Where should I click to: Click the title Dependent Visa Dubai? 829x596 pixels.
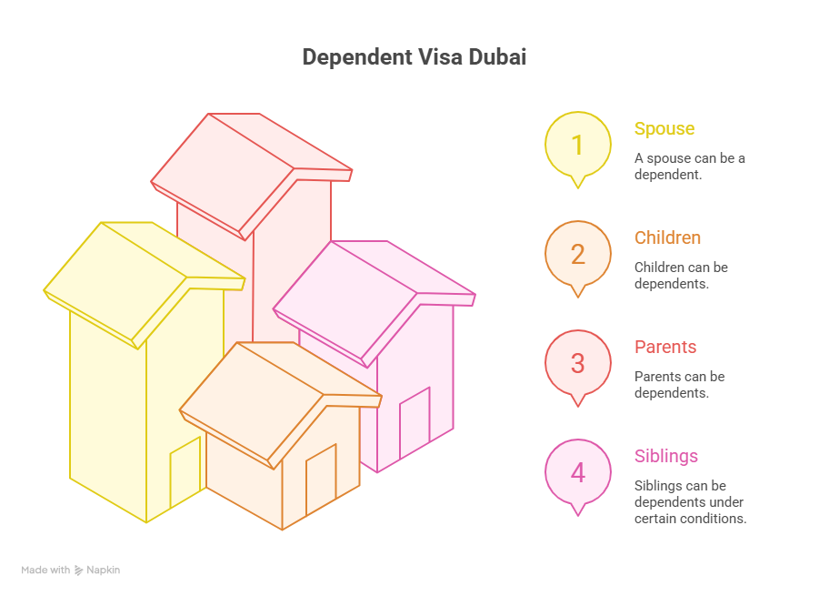(414, 56)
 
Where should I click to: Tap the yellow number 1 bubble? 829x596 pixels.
(577, 145)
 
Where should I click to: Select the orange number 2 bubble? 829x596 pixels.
(577, 254)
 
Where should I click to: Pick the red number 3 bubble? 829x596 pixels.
(577, 363)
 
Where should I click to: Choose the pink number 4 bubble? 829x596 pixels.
(577, 473)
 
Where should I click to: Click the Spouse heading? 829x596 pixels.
(664, 128)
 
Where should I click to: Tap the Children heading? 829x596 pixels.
(668, 237)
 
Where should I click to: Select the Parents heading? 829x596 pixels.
(665, 347)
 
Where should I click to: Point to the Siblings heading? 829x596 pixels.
(666, 456)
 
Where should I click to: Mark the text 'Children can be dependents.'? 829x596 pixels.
(681, 275)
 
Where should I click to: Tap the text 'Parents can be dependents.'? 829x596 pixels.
(679, 384)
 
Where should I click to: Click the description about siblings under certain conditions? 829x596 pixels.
(690, 501)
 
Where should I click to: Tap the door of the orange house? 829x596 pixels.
(321, 479)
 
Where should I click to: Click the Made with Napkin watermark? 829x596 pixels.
(71, 571)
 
